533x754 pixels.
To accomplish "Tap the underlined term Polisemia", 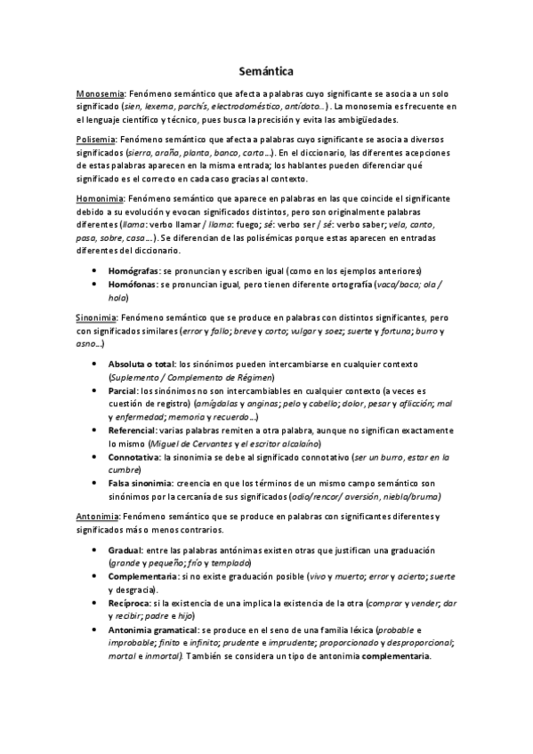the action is [x=97, y=140].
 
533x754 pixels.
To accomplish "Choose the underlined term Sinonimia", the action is [x=99, y=317].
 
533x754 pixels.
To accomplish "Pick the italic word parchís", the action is [x=190, y=107].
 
